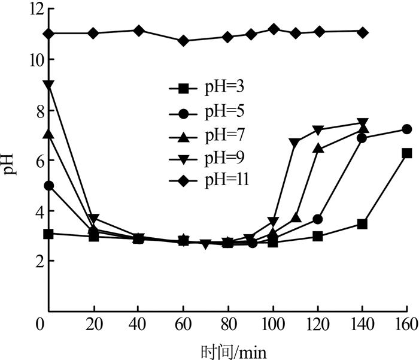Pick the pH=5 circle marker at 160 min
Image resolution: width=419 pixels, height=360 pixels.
407,129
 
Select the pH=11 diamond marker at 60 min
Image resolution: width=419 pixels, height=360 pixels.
184,41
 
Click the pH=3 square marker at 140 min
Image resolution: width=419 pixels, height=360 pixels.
362,224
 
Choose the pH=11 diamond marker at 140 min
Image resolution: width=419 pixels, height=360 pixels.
362,32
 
